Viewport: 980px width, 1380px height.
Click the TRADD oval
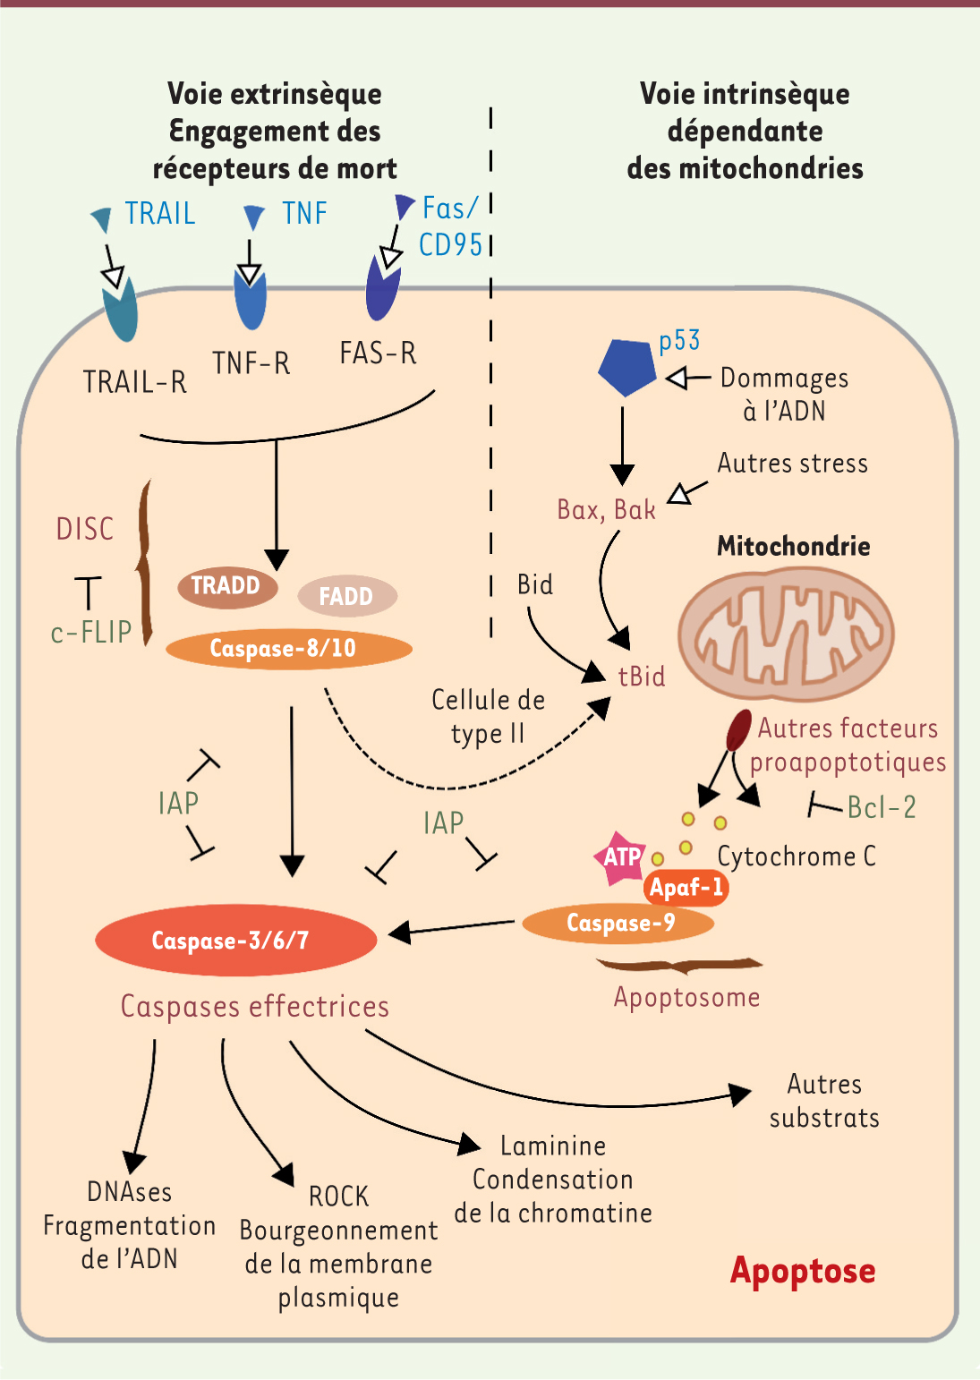pos(226,586)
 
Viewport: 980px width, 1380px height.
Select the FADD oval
pos(346,596)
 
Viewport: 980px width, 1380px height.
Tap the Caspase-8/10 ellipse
pos(288,649)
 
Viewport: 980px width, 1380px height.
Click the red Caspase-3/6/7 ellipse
pos(235,940)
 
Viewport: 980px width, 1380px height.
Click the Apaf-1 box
pos(686,888)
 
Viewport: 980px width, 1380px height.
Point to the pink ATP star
pos(620,857)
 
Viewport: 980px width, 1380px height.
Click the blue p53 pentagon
pos(626,365)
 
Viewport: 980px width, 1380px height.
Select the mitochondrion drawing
pos(786,634)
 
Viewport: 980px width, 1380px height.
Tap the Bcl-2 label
pos(882,807)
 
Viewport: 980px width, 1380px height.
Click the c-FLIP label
pos(91,633)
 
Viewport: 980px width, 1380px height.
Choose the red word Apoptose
pos(803,1271)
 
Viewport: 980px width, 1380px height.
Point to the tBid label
pos(642,676)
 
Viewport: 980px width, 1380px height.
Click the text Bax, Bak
pos(606,510)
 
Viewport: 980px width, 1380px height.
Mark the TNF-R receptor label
pos(251,363)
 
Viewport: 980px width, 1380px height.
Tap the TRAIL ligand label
pos(160,214)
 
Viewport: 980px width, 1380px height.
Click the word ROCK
pos(338,1197)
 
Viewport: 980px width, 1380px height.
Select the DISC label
pos(85,529)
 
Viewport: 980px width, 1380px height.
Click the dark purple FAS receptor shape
pos(383,288)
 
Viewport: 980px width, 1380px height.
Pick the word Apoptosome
pos(686,997)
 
